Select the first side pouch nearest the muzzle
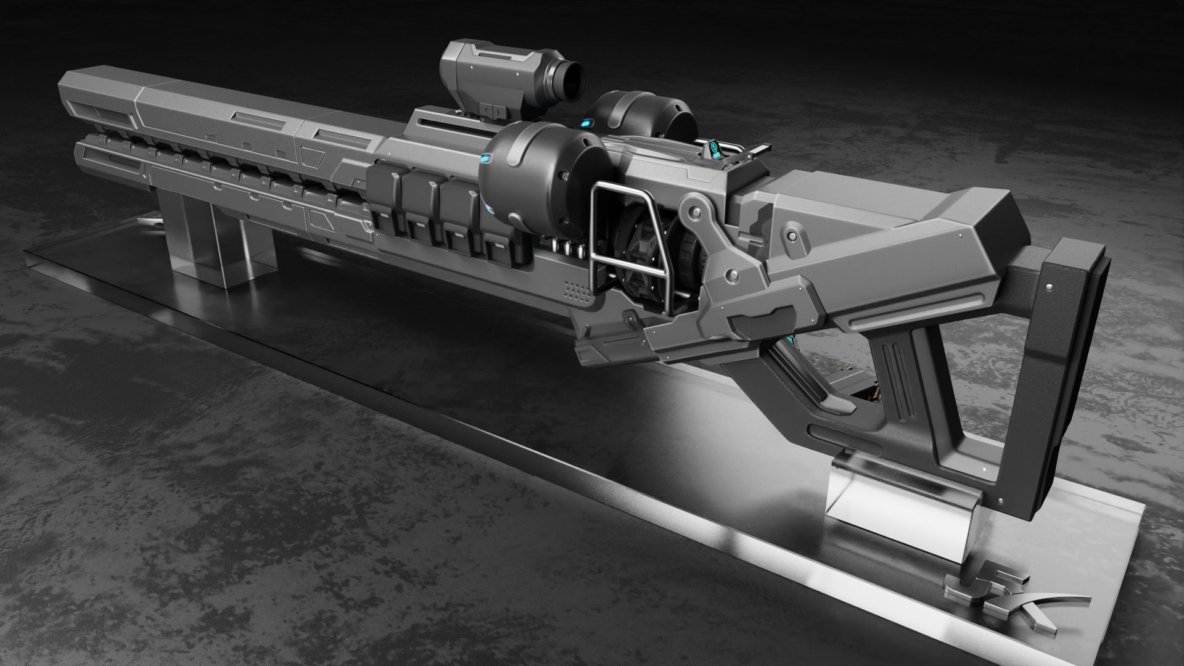pyautogui.click(x=385, y=197)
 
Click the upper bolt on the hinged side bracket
pyautogui.click(x=697, y=213)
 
